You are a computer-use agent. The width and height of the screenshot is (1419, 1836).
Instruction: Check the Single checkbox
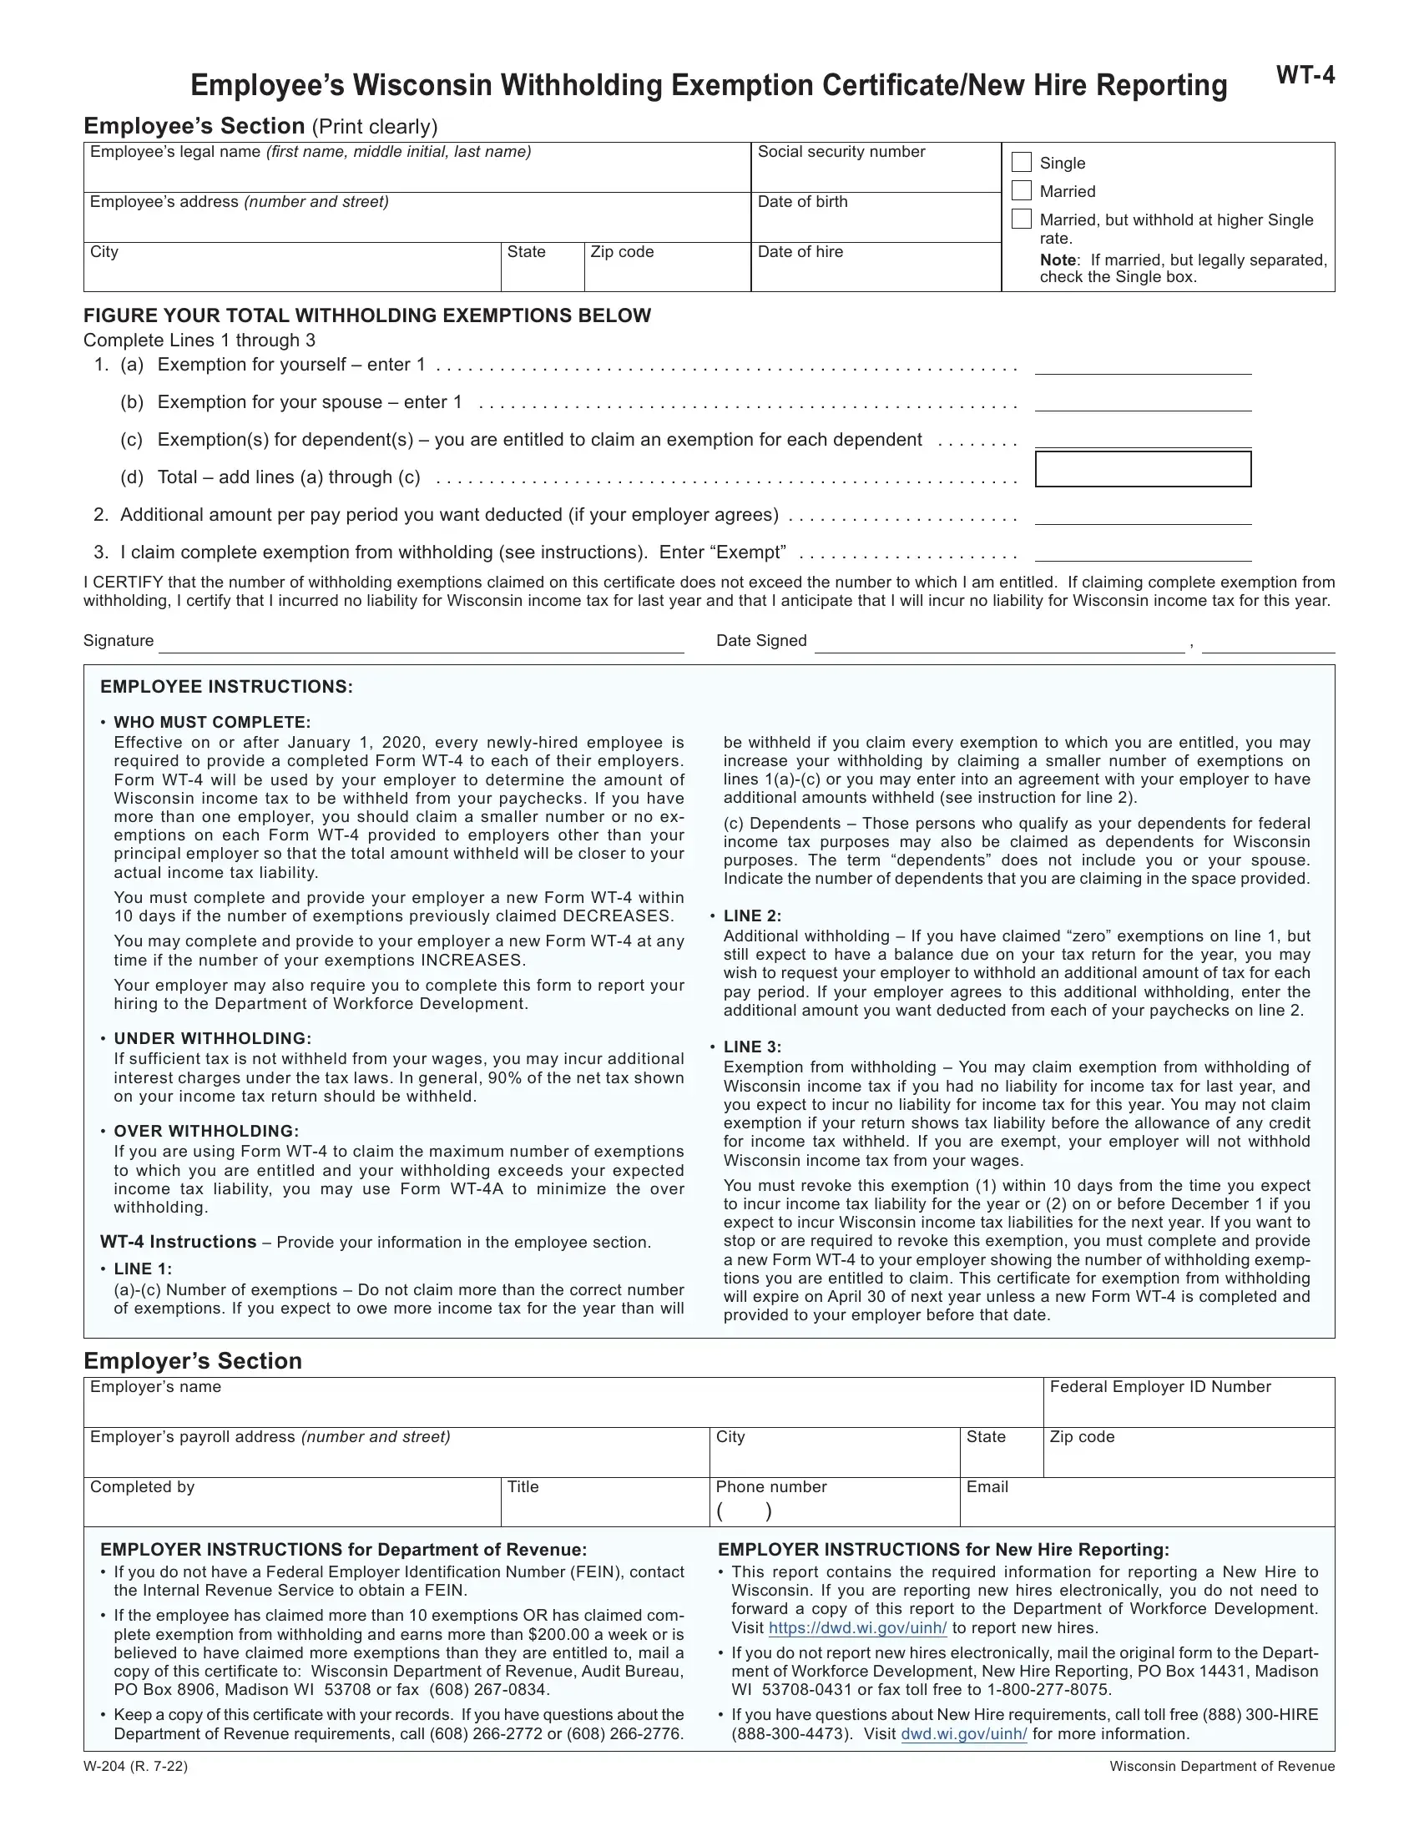coord(1022,162)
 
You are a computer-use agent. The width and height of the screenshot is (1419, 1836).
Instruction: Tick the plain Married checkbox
coord(1022,191)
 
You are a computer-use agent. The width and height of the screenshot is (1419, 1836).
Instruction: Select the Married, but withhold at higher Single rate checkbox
coord(1022,219)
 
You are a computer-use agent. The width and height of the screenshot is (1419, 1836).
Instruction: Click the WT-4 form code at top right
coord(1305,76)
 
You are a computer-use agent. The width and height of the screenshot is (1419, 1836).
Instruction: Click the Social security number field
coord(875,175)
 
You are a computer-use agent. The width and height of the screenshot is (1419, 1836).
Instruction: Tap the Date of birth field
coord(875,225)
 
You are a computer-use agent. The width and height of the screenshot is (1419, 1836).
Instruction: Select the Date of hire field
coord(875,275)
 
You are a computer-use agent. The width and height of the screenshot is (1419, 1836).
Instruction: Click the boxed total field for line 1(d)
coord(1143,469)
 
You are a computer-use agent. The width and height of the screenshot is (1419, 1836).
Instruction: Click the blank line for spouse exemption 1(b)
coord(1143,404)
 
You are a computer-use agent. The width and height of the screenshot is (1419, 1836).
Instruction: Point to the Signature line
coord(421,644)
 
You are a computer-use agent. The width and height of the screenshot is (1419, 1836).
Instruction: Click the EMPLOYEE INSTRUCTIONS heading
coord(226,687)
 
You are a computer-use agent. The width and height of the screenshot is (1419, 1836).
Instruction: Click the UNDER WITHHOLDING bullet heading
coord(213,1039)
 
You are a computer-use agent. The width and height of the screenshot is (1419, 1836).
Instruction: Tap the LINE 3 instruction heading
coord(752,1047)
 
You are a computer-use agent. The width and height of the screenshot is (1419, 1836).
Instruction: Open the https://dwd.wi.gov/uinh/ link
coord(857,1628)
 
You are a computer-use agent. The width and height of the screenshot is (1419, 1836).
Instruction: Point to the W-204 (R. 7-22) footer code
coord(135,1766)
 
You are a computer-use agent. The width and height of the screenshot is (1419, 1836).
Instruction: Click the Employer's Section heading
coord(193,1361)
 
